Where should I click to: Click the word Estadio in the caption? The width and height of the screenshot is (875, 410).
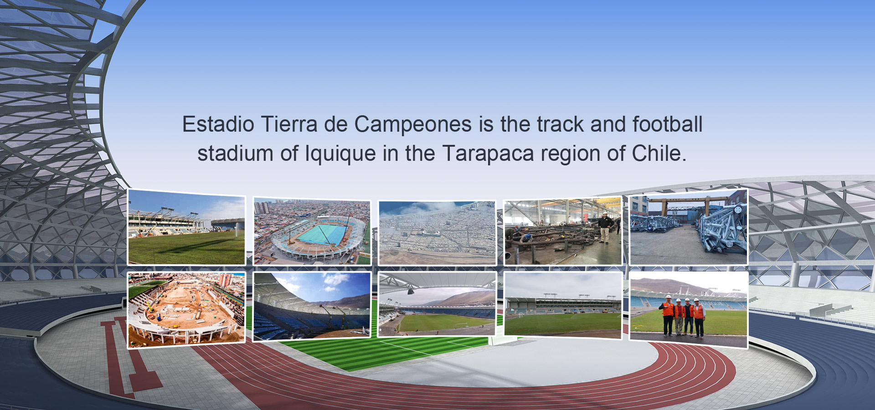coord(218,124)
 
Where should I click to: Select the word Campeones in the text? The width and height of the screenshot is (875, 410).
coord(413,125)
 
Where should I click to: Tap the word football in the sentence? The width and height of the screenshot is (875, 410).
coord(667,124)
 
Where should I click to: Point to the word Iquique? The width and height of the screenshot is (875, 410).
coord(340,154)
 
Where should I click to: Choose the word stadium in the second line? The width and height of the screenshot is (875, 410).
coord(235,154)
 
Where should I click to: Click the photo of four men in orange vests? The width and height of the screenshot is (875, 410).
coord(688,310)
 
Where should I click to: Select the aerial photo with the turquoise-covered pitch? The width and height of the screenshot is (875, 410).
coord(312,231)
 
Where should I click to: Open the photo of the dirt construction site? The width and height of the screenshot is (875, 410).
coord(186,310)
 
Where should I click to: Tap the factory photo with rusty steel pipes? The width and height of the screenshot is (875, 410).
coord(563,231)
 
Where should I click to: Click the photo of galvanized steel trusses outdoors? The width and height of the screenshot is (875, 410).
coord(688,227)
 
